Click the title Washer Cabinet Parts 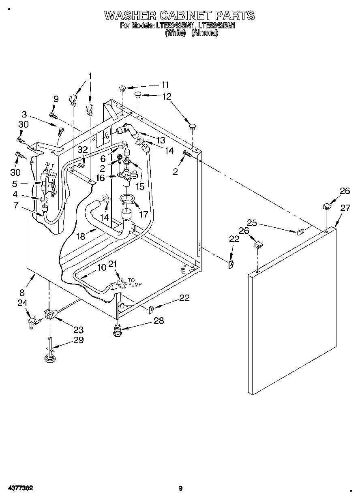[x=180, y=15]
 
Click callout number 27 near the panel [x=345, y=208]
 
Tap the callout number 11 [x=165, y=85]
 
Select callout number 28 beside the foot [x=159, y=321]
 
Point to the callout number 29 [x=78, y=340]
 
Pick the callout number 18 [x=81, y=236]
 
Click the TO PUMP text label [x=135, y=282]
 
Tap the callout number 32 [x=83, y=150]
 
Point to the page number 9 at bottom [x=180, y=488]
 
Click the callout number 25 [x=252, y=222]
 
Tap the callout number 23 [x=78, y=329]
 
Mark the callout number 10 [x=102, y=267]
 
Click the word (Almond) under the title [x=204, y=33]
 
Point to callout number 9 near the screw [x=56, y=98]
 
